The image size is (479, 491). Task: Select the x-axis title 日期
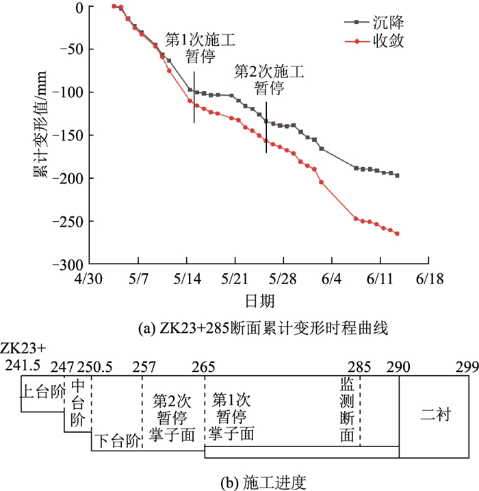point(259,301)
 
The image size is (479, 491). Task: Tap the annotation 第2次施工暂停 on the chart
point(269,79)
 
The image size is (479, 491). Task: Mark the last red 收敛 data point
point(397,234)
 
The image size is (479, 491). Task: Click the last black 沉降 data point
point(397,176)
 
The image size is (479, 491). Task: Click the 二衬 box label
point(434,415)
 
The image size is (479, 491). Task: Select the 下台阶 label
point(116,439)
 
